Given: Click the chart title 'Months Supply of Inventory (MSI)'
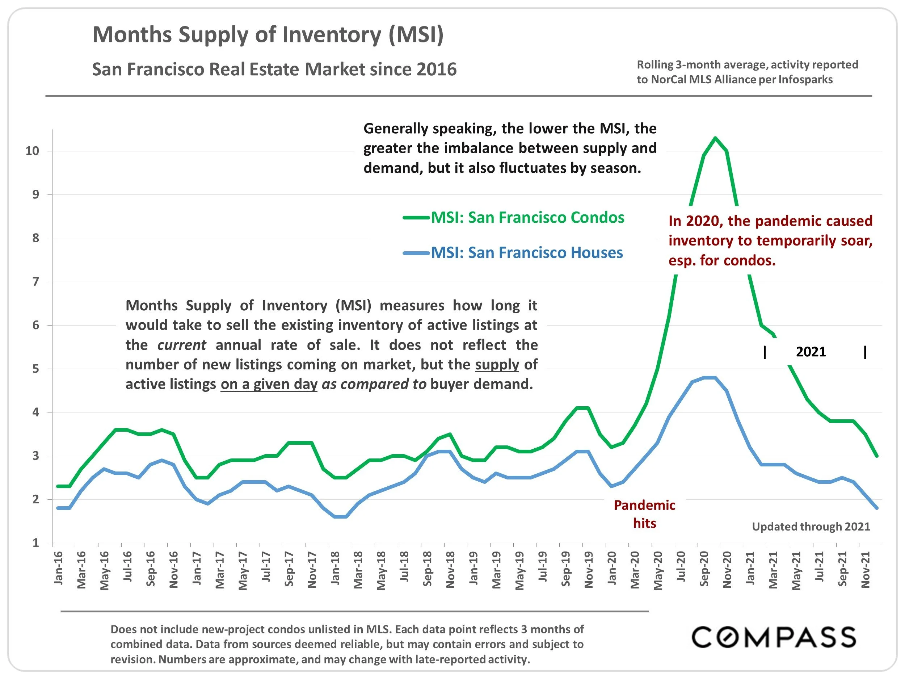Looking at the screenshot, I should click(x=268, y=35).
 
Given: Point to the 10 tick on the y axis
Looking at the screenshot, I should click(x=33, y=151).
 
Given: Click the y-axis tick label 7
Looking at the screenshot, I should click(x=36, y=282).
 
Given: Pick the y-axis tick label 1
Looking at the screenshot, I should click(x=36, y=543).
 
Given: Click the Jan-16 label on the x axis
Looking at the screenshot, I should click(x=59, y=568).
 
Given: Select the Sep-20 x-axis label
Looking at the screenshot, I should click(x=704, y=569).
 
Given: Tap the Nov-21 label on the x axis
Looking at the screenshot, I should click(x=865, y=569).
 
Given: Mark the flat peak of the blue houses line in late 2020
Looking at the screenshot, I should click(x=709, y=377).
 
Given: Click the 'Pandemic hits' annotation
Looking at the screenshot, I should click(x=644, y=514).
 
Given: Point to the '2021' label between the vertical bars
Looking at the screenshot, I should click(x=811, y=352).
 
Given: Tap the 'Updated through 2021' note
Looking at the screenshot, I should click(x=811, y=527).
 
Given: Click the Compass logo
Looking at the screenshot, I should click(x=774, y=637).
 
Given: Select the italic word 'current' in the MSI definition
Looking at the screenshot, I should click(x=182, y=345).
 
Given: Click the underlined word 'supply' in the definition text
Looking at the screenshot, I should click(x=497, y=365).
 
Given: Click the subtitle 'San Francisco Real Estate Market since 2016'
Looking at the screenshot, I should click(x=274, y=69).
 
